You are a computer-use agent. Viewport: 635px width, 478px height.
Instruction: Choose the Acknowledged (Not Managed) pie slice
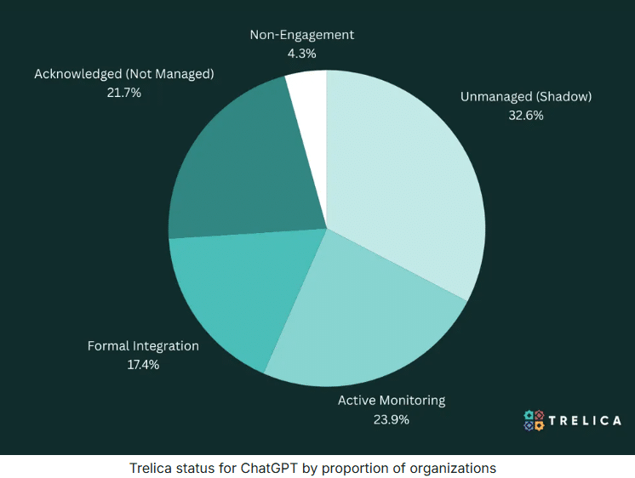click(x=238, y=170)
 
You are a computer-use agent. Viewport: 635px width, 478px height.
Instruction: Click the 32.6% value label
click(x=526, y=115)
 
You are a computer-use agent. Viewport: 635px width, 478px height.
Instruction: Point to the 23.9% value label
click(x=392, y=418)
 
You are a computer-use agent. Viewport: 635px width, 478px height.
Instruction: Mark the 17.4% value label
click(x=143, y=364)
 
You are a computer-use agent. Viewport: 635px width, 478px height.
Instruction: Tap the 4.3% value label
click(x=302, y=53)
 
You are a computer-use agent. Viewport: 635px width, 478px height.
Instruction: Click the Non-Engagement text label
click(x=302, y=35)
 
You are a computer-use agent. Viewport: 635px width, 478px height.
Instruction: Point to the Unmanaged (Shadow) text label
click(x=526, y=97)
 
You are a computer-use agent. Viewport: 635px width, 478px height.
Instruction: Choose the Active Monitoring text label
click(x=392, y=401)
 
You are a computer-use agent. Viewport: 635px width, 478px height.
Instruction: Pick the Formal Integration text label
click(x=143, y=346)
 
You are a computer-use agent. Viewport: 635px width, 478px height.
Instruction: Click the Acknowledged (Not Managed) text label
click(x=123, y=74)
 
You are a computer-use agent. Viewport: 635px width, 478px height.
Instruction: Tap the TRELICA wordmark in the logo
click(x=585, y=420)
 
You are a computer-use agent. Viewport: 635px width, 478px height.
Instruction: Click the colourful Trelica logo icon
click(x=534, y=420)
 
